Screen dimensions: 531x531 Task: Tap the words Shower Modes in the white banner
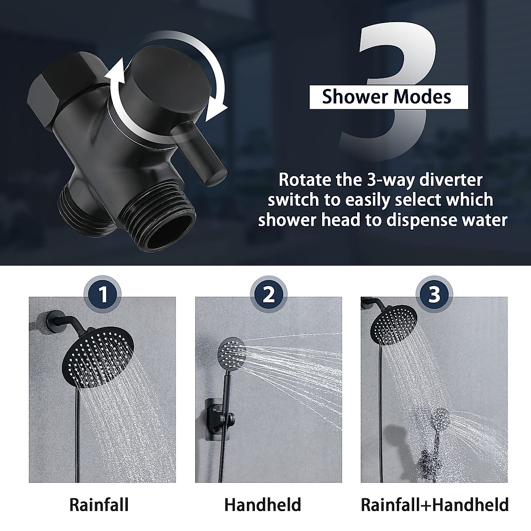pos(387,97)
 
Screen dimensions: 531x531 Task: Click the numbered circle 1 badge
pos(103,294)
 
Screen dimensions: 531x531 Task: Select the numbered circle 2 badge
pos(269,294)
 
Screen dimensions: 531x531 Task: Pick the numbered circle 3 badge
pos(435,294)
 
